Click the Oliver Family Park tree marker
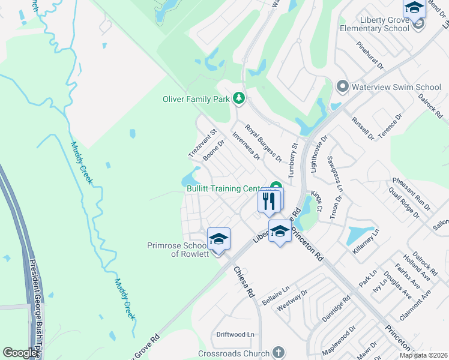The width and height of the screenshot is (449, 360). click(238, 98)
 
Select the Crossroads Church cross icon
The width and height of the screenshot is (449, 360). click(277, 353)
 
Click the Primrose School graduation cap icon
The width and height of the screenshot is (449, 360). click(219, 239)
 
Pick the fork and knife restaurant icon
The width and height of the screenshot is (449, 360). click(268, 200)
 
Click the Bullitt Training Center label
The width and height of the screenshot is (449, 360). click(224, 188)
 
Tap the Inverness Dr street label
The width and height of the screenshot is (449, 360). click(246, 146)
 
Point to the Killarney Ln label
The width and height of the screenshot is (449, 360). click(366, 241)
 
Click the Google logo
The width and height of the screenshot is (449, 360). click(20, 353)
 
